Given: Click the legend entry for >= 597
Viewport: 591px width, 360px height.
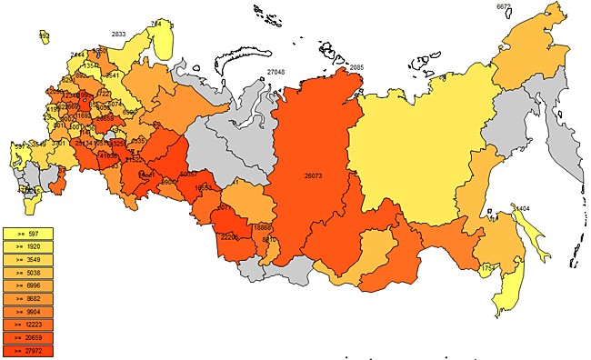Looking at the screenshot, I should point(28,234).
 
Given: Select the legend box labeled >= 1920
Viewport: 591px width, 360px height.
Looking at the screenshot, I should point(28,246).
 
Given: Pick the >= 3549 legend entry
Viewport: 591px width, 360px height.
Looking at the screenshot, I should point(28,259).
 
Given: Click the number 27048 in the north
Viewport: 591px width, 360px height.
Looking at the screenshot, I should point(275,72).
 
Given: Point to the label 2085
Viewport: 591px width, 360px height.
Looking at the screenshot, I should point(356,68).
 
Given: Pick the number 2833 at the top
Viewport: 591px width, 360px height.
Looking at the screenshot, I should point(118,34).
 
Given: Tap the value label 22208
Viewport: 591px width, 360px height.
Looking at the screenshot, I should point(230,236).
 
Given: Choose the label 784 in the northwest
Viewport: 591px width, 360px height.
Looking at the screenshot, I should point(156,24).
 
